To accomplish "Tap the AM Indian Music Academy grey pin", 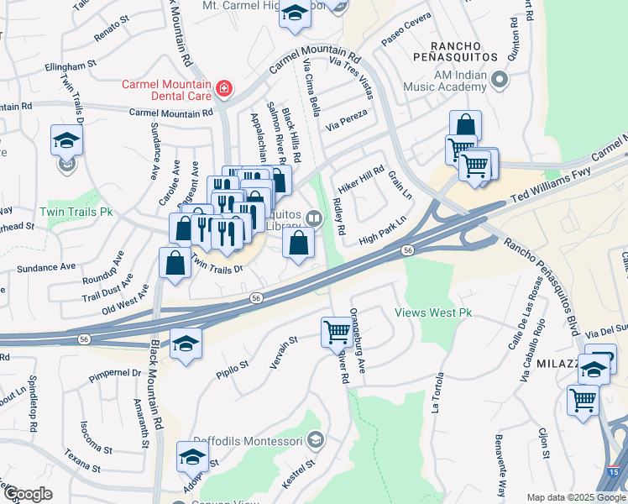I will tap(500, 81).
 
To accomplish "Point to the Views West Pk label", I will tap(434, 312).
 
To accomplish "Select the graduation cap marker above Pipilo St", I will tap(186, 343).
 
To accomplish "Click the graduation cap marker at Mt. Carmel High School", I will tap(295, 13).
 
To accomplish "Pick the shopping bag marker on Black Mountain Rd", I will tap(174, 262).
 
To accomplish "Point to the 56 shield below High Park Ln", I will tap(407, 250).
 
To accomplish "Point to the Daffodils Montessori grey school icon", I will tap(315, 438).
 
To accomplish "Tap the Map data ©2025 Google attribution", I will tap(576, 497).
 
